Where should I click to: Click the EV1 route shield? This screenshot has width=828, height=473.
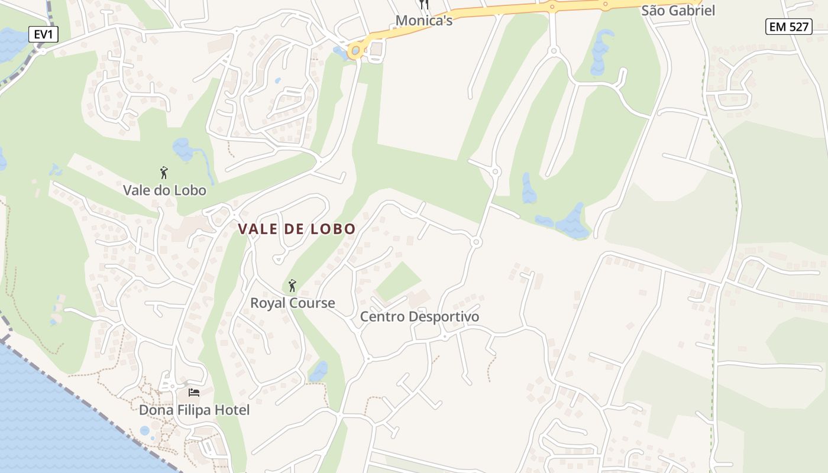click(43, 34)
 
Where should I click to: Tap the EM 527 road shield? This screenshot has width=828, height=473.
click(788, 27)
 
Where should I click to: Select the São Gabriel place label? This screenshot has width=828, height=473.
click(678, 11)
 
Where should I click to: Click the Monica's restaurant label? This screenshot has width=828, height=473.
click(423, 21)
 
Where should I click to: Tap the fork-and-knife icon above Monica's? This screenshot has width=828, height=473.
click(423, 4)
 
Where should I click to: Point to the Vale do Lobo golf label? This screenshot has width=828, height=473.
click(164, 190)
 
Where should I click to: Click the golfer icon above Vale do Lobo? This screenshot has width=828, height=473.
click(164, 173)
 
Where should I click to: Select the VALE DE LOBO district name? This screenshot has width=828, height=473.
click(297, 229)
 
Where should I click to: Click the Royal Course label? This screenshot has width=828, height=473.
click(292, 303)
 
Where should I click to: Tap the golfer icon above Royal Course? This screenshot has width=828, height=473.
click(292, 286)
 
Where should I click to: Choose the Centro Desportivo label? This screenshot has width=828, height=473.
click(419, 317)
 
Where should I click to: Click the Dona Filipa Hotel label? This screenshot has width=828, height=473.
click(194, 410)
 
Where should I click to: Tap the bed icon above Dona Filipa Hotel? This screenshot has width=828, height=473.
click(193, 393)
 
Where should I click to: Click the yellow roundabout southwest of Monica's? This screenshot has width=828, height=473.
click(355, 51)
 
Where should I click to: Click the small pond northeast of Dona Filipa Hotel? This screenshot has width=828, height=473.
click(319, 371)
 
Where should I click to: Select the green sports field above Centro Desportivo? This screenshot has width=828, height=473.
click(398, 281)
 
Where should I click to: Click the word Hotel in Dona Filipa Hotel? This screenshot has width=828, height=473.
click(232, 410)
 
